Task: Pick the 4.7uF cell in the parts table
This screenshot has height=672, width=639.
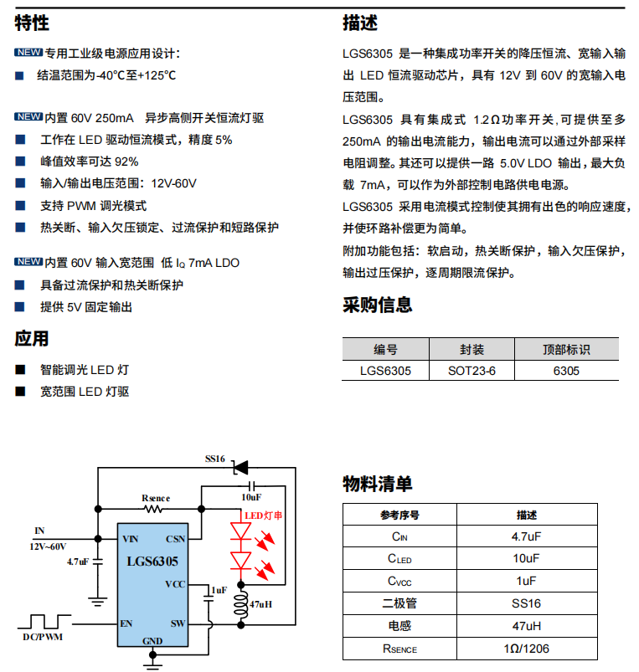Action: pyautogui.click(x=526, y=536)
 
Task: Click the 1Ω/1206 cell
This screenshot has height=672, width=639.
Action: pyautogui.click(x=526, y=649)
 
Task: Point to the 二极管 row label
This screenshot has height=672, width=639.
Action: pyautogui.click(x=399, y=603)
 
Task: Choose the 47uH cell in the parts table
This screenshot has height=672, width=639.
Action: pyautogui.click(x=526, y=626)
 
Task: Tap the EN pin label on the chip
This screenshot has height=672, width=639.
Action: pyautogui.click(x=127, y=623)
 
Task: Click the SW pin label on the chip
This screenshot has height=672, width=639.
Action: pyautogui.click(x=178, y=623)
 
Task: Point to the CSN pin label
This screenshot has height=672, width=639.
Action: pyautogui.click(x=176, y=539)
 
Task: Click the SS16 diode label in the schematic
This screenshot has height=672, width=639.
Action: pyautogui.click(x=215, y=459)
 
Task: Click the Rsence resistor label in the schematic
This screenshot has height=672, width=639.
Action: pyautogui.click(x=156, y=499)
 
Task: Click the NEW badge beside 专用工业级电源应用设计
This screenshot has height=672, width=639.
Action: pyautogui.click(x=28, y=54)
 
